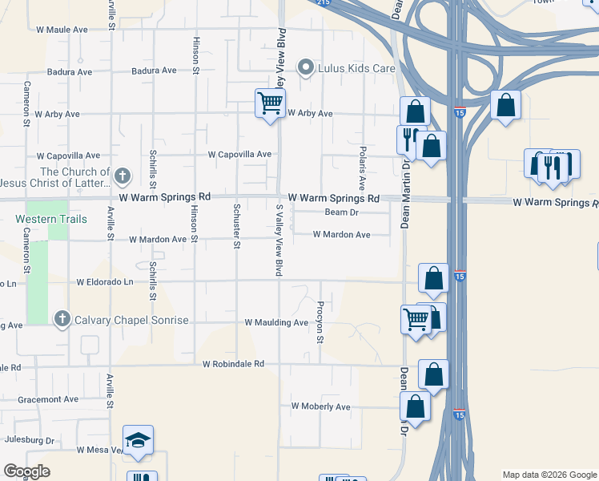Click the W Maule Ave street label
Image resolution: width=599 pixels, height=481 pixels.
click(x=62, y=30)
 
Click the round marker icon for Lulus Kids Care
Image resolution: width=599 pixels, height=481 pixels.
click(x=305, y=67)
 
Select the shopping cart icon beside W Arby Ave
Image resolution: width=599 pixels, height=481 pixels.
click(x=270, y=103)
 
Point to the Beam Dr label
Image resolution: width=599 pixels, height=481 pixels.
click(x=341, y=212)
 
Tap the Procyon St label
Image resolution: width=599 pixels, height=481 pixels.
click(x=319, y=322)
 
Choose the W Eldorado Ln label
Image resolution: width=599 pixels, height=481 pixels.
click(x=105, y=282)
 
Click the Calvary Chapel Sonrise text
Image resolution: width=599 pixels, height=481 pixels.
click(x=131, y=321)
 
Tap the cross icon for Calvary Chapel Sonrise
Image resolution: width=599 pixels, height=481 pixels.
click(x=62, y=320)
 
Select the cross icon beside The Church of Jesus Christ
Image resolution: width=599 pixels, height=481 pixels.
click(x=122, y=175)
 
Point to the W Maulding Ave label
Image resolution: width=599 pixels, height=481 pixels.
click(x=276, y=323)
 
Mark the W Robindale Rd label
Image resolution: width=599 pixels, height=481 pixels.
click(x=233, y=364)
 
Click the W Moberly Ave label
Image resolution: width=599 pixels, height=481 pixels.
click(x=320, y=406)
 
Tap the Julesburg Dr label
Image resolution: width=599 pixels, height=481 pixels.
click(x=29, y=440)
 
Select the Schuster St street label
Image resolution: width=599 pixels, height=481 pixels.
click(x=235, y=226)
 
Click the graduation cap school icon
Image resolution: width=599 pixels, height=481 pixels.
click(x=138, y=440)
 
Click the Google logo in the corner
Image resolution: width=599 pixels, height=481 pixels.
click(x=27, y=471)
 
